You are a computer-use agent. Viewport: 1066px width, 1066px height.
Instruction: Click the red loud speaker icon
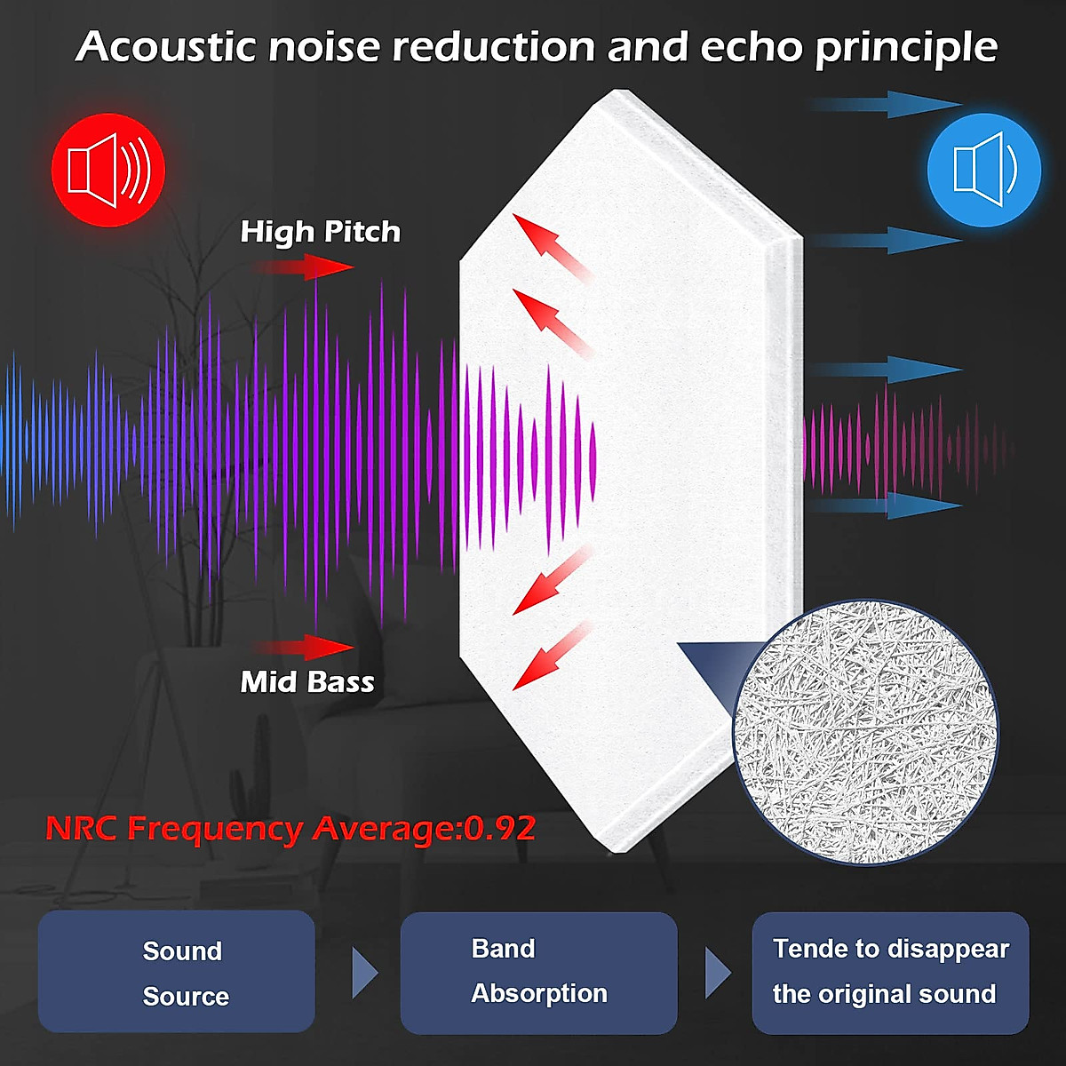108,170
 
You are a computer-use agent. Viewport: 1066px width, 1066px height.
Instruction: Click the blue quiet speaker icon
983,170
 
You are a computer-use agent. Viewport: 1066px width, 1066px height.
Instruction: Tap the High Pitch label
320,232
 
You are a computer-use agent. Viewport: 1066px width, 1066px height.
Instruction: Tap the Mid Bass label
307,681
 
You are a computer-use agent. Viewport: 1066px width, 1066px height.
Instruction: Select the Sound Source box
177,971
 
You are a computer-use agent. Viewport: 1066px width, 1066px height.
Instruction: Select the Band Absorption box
538,972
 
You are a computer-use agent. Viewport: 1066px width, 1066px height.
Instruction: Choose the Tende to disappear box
890,972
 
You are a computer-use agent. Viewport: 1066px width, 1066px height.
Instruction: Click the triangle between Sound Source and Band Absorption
364,973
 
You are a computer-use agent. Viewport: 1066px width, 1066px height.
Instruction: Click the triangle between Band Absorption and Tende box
717,973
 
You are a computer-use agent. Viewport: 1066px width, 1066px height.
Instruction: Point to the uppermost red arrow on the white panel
551,244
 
